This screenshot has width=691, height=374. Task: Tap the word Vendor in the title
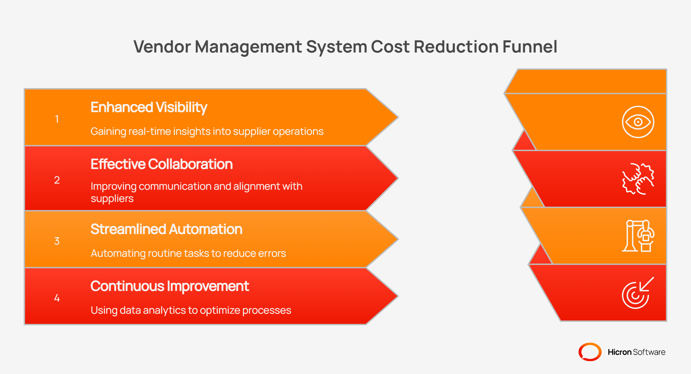pos(162,47)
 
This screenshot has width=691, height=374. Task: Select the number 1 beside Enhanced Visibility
pos(57,119)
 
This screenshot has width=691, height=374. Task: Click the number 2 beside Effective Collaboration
pos(57,180)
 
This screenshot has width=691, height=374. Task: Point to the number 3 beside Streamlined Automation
pos(57,241)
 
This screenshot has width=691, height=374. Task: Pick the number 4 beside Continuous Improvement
pos(57,298)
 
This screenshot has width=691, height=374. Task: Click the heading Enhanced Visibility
pos(149,107)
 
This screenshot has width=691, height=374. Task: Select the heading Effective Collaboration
pos(162,164)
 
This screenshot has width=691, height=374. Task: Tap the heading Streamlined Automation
pos(166,229)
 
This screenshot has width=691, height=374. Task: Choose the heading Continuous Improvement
pos(170,286)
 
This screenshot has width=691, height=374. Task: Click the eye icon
pos(638,122)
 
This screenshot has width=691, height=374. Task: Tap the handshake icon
pos(638,179)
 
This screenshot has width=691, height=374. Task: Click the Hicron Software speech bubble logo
pos(590,352)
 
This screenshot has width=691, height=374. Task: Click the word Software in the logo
pos(649,352)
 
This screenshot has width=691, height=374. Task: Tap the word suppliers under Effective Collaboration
pos(112,199)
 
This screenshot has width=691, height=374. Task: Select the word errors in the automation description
pos(272,253)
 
